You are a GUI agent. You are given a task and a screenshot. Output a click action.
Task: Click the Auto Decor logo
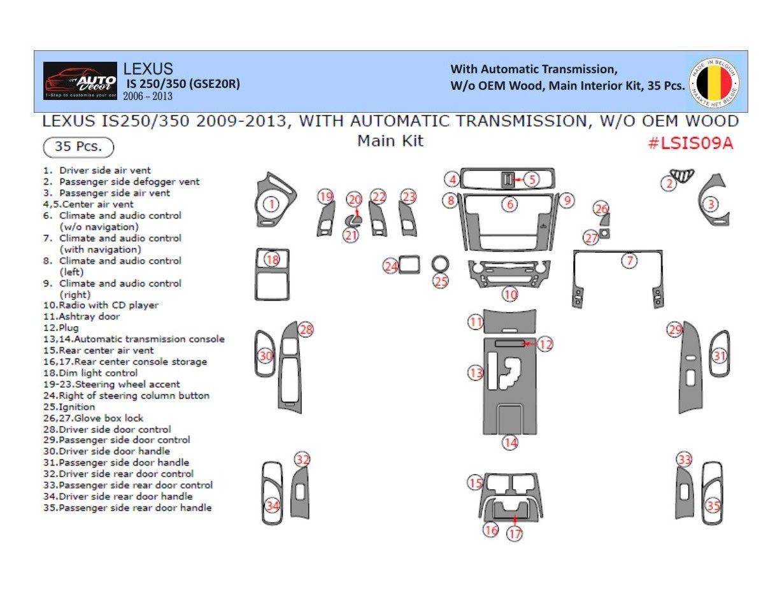[80, 81]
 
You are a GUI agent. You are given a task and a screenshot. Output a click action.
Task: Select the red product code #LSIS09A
[690, 143]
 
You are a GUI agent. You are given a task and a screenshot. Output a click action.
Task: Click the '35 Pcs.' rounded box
[78, 146]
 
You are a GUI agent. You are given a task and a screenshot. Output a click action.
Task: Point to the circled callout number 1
[271, 204]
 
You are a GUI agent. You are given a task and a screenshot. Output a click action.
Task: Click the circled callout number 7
[630, 260]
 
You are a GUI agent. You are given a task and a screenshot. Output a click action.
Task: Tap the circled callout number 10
[510, 294]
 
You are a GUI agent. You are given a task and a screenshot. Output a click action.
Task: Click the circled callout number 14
[510, 442]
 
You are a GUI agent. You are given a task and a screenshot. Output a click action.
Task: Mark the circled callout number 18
[272, 260]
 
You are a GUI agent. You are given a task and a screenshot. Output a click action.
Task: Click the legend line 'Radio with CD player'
[101, 305]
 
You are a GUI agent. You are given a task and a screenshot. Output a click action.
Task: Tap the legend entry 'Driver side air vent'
[97, 170]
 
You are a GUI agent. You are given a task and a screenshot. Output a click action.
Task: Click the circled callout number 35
[713, 506]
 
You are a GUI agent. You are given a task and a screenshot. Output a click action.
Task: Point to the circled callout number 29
[675, 329]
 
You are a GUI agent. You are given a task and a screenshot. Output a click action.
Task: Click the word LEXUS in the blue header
[148, 69]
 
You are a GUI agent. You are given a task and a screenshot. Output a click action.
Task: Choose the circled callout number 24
[390, 266]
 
